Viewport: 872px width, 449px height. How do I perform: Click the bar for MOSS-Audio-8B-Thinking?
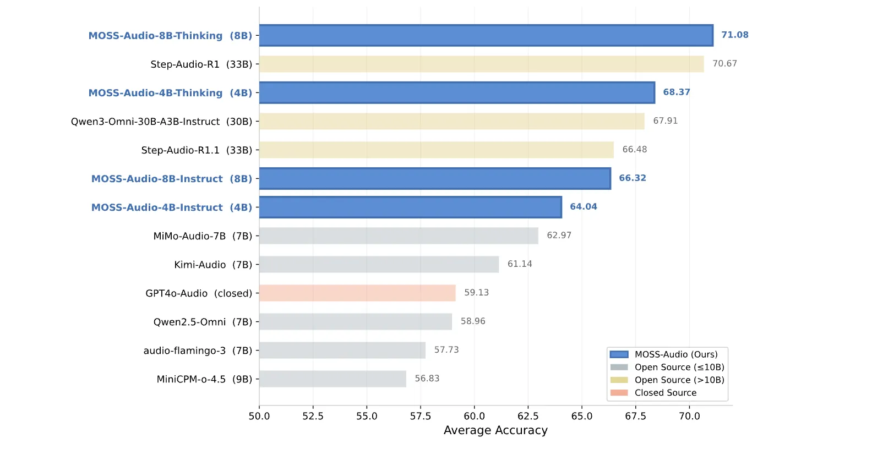tap(486, 35)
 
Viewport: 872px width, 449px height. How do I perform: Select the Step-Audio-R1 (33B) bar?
tap(481, 64)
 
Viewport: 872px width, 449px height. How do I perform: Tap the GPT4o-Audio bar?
tap(357, 293)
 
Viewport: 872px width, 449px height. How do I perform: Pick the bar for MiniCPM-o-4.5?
tap(333, 379)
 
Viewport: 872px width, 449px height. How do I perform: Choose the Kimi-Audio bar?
tap(379, 264)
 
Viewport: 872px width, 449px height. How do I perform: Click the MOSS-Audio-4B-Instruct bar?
tap(410, 207)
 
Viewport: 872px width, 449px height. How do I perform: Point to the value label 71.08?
tap(734, 35)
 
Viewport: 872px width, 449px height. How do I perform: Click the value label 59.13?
tap(476, 292)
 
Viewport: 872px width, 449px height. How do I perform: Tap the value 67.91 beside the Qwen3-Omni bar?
tap(665, 121)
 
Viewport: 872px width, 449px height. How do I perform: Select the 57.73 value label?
tap(446, 349)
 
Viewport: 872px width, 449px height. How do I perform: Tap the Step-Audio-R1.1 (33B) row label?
tap(197, 150)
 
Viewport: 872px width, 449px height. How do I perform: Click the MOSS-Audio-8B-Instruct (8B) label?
tap(171, 179)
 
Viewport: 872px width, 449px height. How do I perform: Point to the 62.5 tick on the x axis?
tap(528, 416)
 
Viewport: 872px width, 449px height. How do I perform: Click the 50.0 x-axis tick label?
tap(259, 416)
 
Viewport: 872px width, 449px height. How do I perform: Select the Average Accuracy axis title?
tap(495, 430)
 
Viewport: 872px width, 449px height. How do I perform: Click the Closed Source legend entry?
tap(665, 392)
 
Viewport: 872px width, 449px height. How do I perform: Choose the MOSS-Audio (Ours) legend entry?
tap(675, 354)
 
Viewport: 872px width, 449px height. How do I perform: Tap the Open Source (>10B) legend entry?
tap(679, 380)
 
